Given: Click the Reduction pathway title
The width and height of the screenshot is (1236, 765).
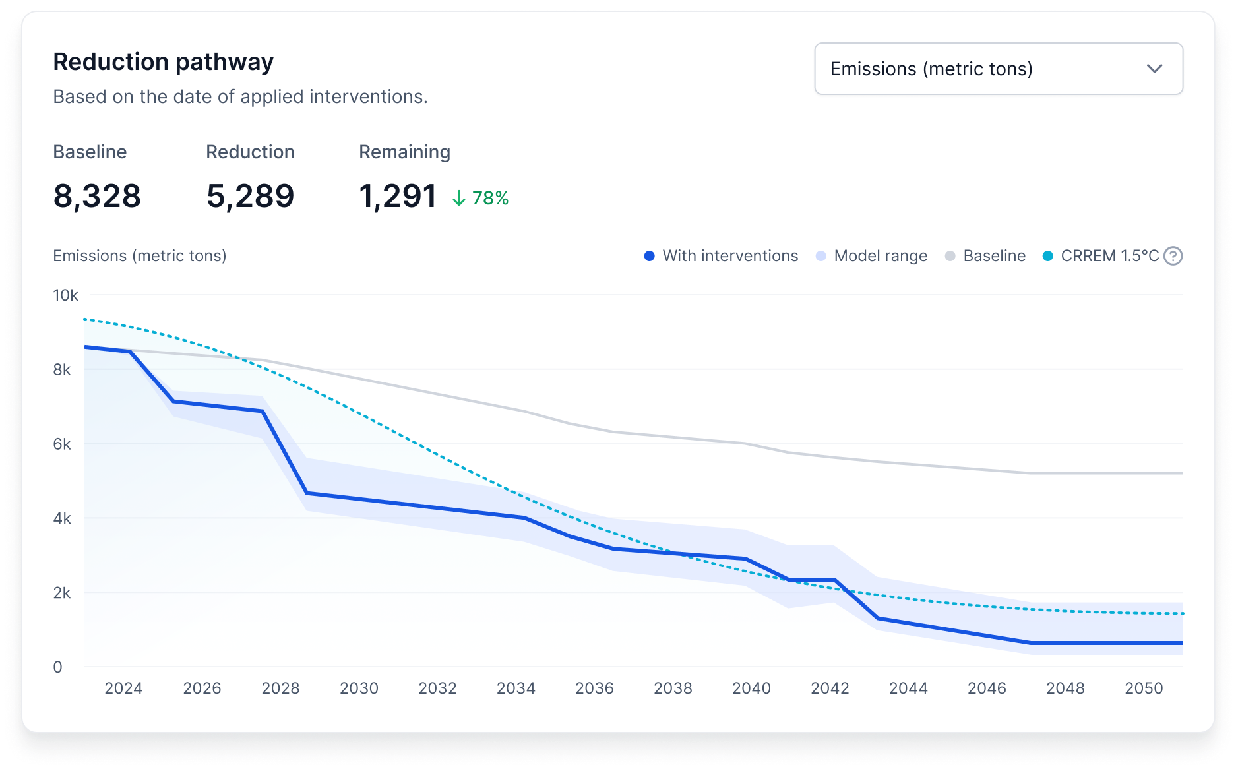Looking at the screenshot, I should [x=163, y=62].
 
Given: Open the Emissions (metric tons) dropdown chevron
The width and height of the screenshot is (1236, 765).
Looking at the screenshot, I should [x=1154, y=69].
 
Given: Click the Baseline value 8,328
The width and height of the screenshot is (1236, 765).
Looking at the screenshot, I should [x=97, y=196].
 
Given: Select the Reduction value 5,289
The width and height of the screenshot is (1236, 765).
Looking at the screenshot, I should [x=250, y=196].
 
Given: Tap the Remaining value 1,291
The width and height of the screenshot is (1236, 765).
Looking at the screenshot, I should [x=398, y=196].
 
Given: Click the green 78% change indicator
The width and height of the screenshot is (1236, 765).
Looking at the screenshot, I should [x=481, y=198].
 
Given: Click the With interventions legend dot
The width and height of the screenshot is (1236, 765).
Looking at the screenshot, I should [x=650, y=256].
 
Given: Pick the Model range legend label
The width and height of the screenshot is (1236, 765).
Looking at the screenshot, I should [x=881, y=256].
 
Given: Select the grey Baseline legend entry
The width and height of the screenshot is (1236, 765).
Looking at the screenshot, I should [x=987, y=256].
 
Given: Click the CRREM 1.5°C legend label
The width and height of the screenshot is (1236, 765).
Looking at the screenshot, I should [x=1109, y=256].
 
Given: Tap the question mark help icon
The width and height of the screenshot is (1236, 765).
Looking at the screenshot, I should [x=1173, y=256].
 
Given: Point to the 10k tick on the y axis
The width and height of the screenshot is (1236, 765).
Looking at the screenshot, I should [x=65, y=295].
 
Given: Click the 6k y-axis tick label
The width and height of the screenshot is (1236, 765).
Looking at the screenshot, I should [x=62, y=444].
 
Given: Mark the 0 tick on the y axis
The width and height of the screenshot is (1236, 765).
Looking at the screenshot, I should [x=58, y=667].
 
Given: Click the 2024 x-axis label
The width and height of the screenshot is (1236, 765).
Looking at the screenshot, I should [x=123, y=688].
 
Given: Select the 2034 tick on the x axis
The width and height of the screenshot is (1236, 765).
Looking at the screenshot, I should [x=516, y=688].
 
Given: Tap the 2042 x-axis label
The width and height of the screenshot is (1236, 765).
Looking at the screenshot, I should [x=830, y=688].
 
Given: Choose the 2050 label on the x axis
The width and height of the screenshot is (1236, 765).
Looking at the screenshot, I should [x=1144, y=688].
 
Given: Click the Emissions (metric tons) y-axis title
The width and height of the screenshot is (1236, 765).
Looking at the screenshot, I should [x=140, y=256].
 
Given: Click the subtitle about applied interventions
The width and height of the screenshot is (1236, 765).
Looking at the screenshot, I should [x=240, y=97].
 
